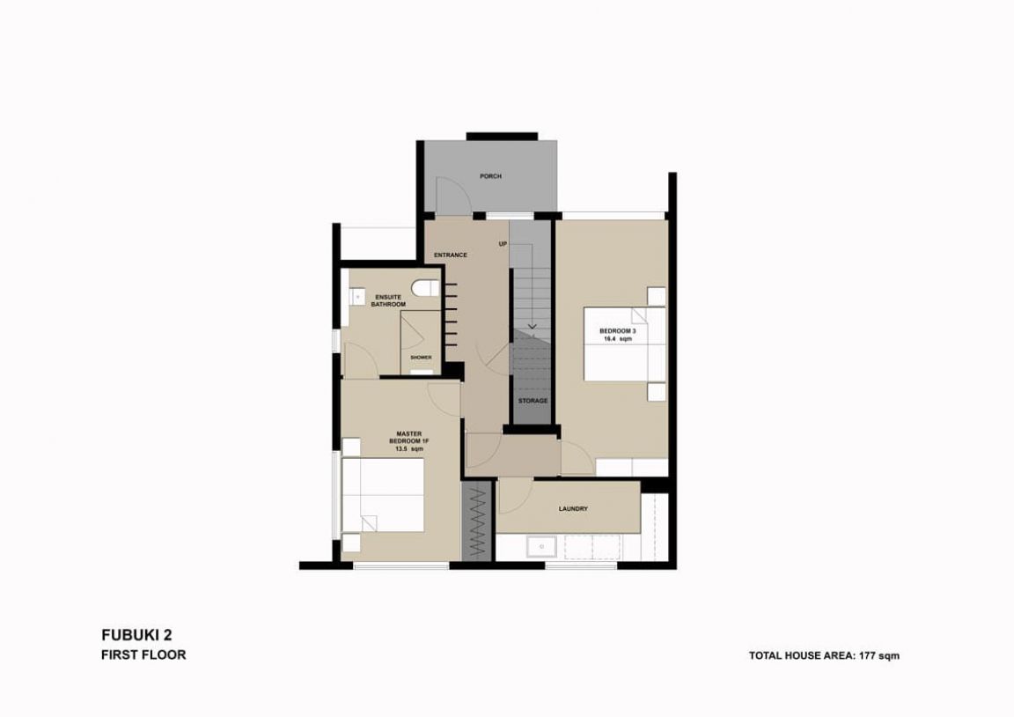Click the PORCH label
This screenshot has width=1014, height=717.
click(x=490, y=176)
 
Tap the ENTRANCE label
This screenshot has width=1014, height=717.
click(x=450, y=255)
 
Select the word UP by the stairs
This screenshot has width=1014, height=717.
click(x=503, y=244)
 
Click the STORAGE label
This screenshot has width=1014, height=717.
click(x=533, y=401)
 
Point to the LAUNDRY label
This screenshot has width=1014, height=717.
click(x=573, y=509)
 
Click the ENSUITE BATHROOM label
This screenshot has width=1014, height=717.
click(x=388, y=301)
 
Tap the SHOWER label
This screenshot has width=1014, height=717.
click(x=421, y=358)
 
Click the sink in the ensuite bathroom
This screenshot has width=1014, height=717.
click(x=357, y=296)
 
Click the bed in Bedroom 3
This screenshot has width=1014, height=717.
click(x=625, y=344)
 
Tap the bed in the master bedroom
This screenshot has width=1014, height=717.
click(x=382, y=495)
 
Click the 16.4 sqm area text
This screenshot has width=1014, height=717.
click(x=618, y=339)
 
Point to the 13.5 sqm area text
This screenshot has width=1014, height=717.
click(x=408, y=449)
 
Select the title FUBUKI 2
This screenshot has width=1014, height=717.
click(x=136, y=635)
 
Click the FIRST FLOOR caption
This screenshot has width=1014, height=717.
click(x=143, y=654)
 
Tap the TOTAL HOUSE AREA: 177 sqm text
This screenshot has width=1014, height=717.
click(x=824, y=655)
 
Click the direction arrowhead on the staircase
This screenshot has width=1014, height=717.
click(x=532, y=326)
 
